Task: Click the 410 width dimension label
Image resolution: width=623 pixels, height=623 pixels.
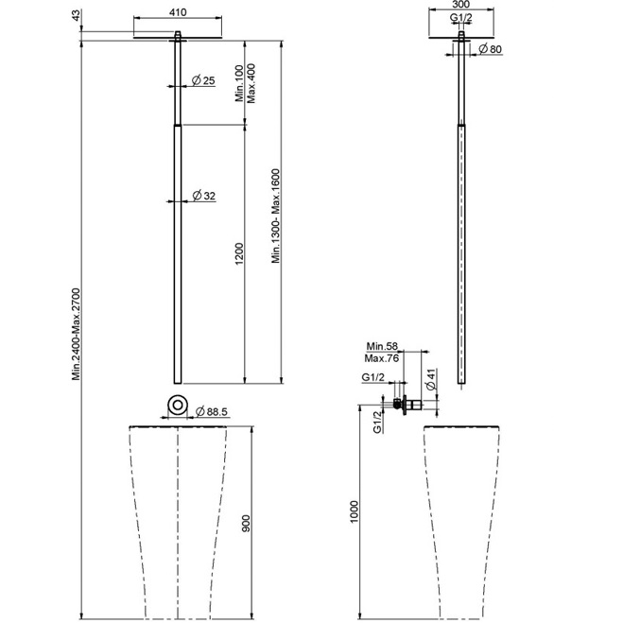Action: coord(178,12)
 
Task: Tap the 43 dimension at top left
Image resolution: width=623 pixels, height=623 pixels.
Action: coord(76,15)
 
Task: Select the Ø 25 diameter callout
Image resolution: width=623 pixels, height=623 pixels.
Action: coord(203,80)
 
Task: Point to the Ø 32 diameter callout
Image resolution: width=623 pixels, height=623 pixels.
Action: coord(204,196)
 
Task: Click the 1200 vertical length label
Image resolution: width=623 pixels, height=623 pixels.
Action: coord(239,254)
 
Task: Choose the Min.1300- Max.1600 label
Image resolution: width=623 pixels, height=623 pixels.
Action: coord(276,216)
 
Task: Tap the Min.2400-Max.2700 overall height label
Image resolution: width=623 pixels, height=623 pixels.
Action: coord(76,334)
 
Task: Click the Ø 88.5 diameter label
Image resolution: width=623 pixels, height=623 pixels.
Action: coord(212,411)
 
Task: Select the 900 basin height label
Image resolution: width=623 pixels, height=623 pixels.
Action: coord(247,524)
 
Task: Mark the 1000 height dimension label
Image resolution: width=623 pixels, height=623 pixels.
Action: coord(354,511)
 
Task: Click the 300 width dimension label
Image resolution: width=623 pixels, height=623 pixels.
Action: coord(461,5)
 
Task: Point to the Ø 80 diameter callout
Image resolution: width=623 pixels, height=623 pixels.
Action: coord(491,49)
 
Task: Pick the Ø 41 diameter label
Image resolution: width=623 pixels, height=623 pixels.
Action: coord(431,379)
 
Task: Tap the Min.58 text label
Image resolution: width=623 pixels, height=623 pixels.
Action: coord(382,346)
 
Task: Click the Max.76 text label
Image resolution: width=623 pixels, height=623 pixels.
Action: coord(381,358)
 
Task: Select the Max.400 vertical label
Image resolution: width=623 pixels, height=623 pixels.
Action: coord(251,83)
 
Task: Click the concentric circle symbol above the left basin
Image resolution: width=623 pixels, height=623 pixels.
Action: coord(178,405)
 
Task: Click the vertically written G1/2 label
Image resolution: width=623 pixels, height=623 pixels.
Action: coord(377,422)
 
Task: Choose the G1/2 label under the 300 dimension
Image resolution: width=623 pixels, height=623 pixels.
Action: coord(461,17)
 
